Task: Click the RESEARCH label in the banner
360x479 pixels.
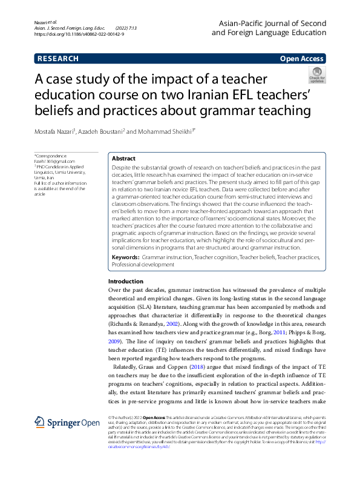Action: click(58, 59)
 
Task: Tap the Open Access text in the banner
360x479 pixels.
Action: click(303, 59)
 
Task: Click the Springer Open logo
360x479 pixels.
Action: click(58, 421)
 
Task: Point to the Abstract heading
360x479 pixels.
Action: click(123, 157)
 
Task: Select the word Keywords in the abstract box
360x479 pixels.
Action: click(125, 257)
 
